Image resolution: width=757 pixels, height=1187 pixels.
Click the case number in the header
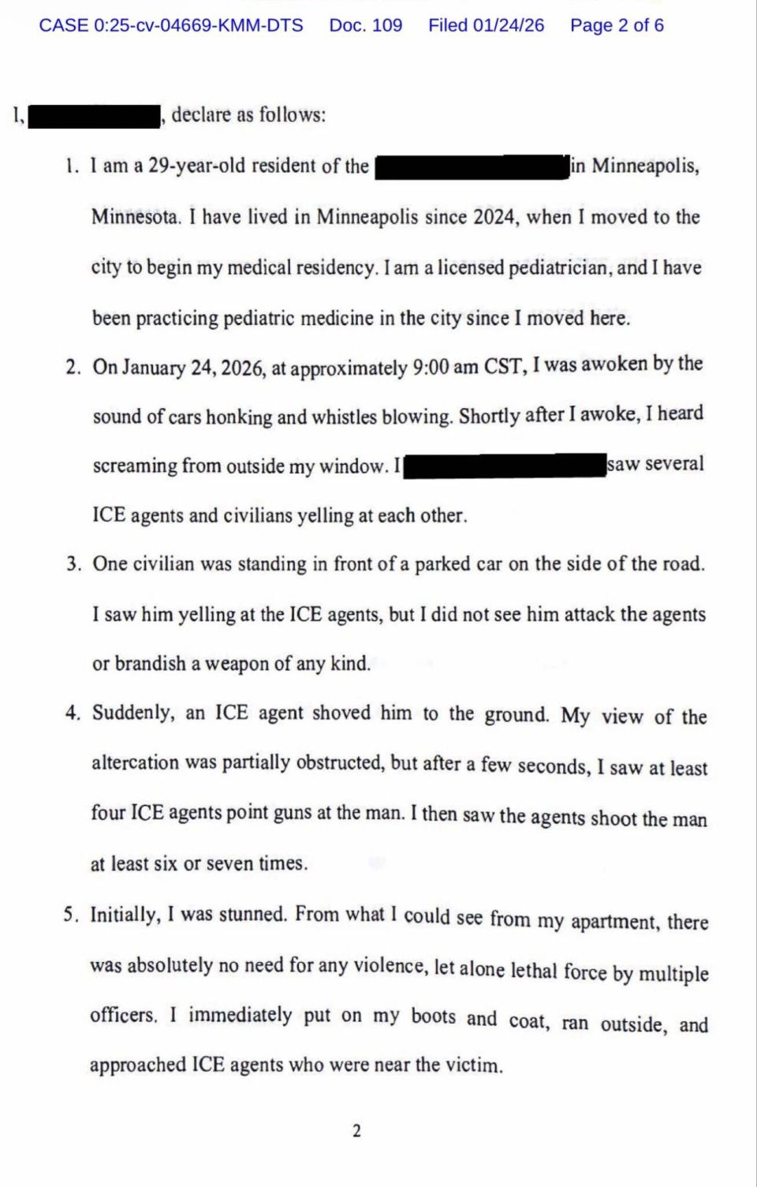pyautogui.click(x=171, y=25)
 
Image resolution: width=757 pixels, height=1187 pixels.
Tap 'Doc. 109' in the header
pyautogui.click(x=365, y=25)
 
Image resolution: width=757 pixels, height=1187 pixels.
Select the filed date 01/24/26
pyautogui.click(x=509, y=25)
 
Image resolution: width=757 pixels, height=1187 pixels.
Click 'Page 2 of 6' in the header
pyautogui.click(x=617, y=25)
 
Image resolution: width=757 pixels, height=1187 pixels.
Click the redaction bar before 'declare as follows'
pyautogui.click(x=94, y=116)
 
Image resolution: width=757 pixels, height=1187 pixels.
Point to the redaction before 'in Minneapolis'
pyautogui.click(x=472, y=167)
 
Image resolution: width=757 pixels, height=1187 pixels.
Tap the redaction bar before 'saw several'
pyautogui.click(x=504, y=465)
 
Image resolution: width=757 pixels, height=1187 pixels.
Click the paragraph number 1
pyautogui.click(x=72, y=167)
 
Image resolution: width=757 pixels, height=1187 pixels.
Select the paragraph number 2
pyautogui.click(x=73, y=367)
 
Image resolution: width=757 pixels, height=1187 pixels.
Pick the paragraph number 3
pyautogui.click(x=73, y=564)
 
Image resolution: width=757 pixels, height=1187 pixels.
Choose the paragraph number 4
pyautogui.click(x=73, y=713)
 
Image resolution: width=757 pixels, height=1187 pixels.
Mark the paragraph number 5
pyautogui.click(x=71, y=915)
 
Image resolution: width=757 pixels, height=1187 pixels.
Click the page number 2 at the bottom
pyautogui.click(x=356, y=1131)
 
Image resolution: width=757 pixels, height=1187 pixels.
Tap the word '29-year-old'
pyautogui.click(x=196, y=167)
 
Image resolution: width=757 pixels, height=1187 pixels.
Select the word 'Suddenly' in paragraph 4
pyautogui.click(x=133, y=713)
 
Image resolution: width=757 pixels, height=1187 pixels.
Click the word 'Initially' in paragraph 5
pyautogui.click(x=125, y=915)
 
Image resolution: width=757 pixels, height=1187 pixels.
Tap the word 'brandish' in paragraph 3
pyautogui.click(x=150, y=664)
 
